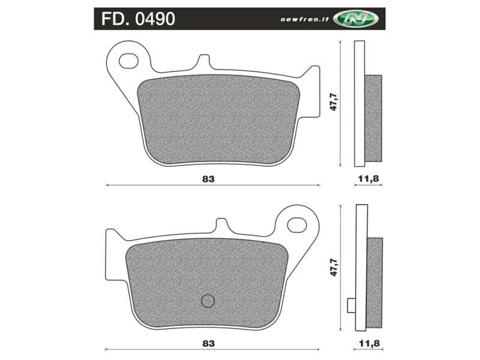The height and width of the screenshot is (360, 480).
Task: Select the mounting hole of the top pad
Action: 128,61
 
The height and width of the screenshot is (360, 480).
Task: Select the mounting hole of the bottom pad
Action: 296,224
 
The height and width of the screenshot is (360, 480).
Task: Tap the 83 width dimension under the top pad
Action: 208,179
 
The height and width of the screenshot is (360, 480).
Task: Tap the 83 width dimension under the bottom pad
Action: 208,344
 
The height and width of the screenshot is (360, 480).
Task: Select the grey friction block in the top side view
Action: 373,118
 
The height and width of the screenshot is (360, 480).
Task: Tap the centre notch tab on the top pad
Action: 203,62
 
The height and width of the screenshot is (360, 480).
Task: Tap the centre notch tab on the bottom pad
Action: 221,226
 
